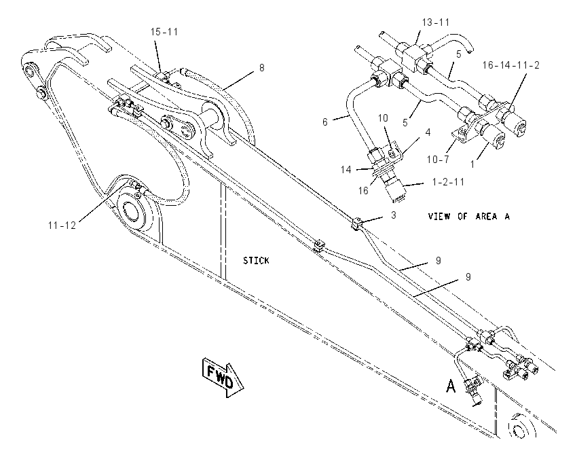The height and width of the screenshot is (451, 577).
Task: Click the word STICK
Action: click(x=256, y=261)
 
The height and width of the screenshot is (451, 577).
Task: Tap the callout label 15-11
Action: click(x=164, y=32)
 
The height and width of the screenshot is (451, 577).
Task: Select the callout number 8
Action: click(x=261, y=68)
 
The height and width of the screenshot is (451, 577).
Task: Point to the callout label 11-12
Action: click(x=62, y=225)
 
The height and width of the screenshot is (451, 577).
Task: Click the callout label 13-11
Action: click(x=436, y=22)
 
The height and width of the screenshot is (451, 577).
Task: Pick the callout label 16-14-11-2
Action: click(x=511, y=65)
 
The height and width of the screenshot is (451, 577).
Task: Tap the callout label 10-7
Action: click(x=438, y=160)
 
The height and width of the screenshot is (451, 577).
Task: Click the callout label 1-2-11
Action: click(x=448, y=182)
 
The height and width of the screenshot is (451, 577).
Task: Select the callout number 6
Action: click(x=325, y=122)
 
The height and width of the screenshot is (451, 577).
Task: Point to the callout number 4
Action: click(x=428, y=132)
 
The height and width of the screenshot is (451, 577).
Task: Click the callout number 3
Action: click(x=393, y=215)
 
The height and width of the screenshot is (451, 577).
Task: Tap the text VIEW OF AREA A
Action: click(x=469, y=217)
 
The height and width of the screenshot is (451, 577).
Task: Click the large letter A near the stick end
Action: click(x=451, y=386)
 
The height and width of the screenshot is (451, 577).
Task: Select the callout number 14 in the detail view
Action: click(x=346, y=170)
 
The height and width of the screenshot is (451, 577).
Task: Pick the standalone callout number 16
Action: click(x=363, y=191)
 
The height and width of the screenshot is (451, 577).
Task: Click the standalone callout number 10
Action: click(x=383, y=118)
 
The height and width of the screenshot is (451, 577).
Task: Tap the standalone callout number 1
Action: click(x=473, y=164)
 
